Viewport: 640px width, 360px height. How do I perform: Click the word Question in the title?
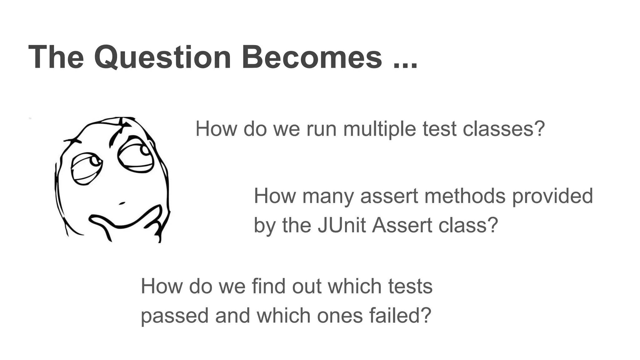coord(162,57)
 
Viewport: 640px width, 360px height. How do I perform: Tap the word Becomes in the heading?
coord(312,57)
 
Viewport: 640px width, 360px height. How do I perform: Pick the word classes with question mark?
coord(504,129)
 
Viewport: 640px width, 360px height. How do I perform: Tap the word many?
coord(328,196)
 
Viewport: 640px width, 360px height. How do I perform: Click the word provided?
coord(552,196)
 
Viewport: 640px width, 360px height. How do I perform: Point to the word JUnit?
coord(342,225)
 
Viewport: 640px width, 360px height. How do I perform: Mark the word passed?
coord(174,316)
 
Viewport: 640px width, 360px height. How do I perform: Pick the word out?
coord(307,286)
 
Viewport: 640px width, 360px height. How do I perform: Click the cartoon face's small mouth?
coord(122,203)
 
